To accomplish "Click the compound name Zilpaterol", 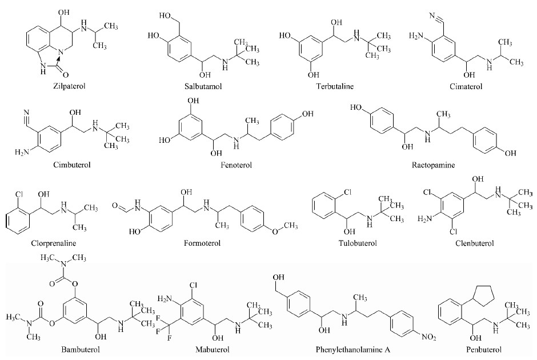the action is [x=69, y=86].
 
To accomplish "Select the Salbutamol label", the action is [x=203, y=86].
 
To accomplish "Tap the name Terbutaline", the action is [x=335, y=86].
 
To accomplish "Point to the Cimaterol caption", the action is [x=466, y=86].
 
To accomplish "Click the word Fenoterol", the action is [x=237, y=165].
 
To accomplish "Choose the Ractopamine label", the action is [x=433, y=165].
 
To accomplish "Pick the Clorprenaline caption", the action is [x=54, y=243].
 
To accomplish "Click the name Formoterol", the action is [x=202, y=243].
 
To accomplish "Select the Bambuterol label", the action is [x=81, y=350].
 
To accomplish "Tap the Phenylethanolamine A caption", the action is [x=352, y=350].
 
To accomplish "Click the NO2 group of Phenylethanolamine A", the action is [x=428, y=338].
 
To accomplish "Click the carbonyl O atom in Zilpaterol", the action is [x=66, y=74].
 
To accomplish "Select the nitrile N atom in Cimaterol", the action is [x=432, y=15].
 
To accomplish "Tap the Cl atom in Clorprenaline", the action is [x=18, y=194].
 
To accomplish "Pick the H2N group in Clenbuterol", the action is [x=424, y=218].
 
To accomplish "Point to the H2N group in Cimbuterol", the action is [x=22, y=152].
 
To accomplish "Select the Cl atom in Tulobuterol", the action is [x=347, y=193].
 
